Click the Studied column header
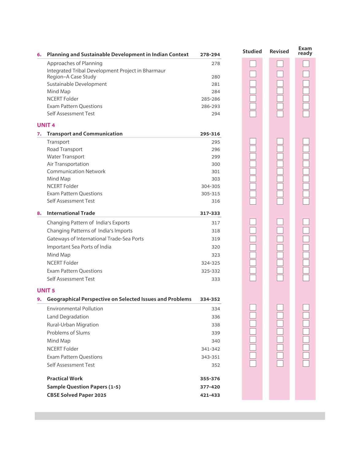click(x=252, y=52)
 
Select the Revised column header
click(x=279, y=52)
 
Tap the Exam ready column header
click(x=305, y=51)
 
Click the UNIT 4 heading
click(x=46, y=125)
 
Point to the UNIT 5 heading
click(x=46, y=290)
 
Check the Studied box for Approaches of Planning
click(x=253, y=64)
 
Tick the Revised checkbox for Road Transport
click(x=280, y=149)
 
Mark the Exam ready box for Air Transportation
click(x=306, y=164)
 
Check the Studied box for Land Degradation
click(x=253, y=315)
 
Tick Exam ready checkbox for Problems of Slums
click(x=306, y=332)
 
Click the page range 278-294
click(x=210, y=55)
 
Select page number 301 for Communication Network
click(x=216, y=172)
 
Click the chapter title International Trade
click(x=71, y=213)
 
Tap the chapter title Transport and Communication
click(x=85, y=134)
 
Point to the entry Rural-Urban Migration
click(x=73, y=325)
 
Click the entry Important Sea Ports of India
click(x=79, y=247)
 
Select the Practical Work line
click(x=65, y=378)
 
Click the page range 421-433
click(x=210, y=395)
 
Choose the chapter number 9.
click(x=39, y=299)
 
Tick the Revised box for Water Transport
click(x=280, y=156)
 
